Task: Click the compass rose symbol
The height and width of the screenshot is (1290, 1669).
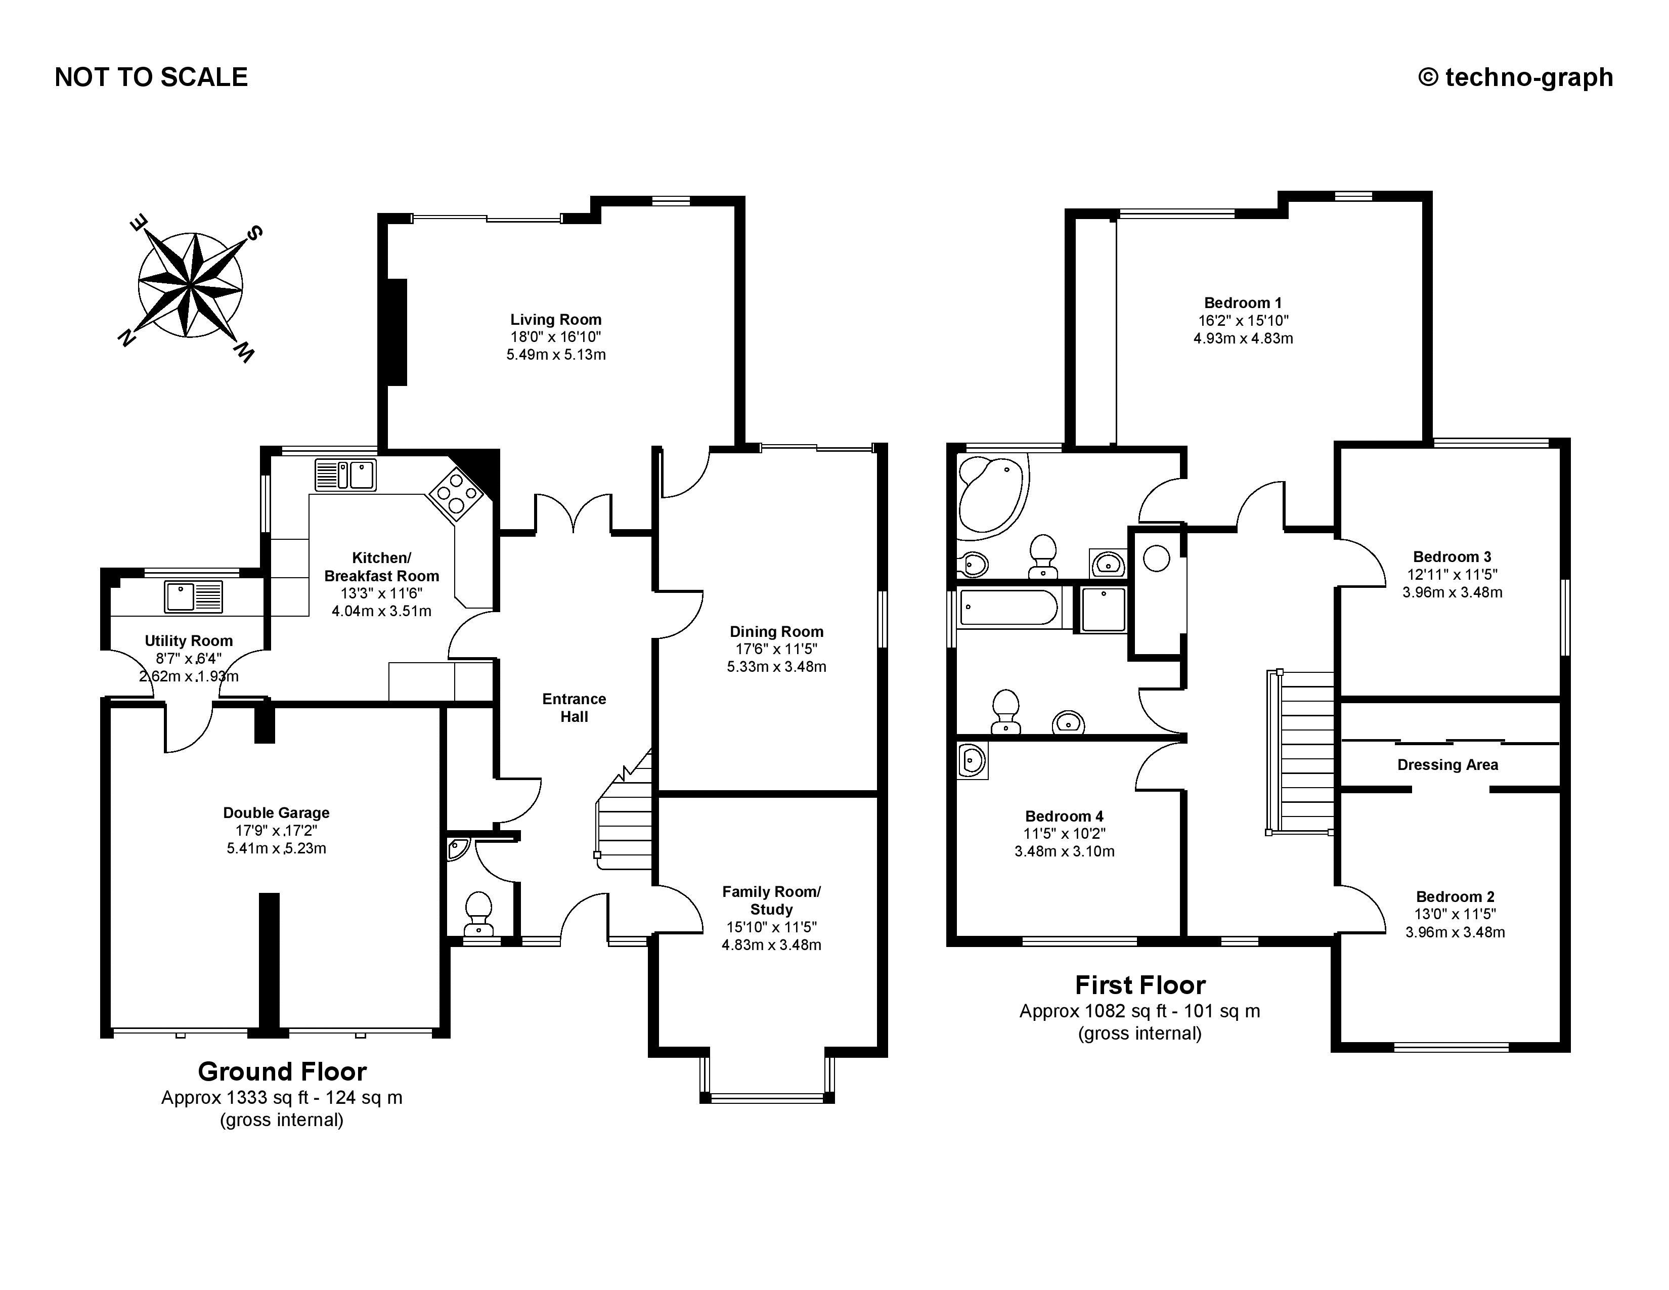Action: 190,285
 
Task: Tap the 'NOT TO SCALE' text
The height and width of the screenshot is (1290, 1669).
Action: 151,77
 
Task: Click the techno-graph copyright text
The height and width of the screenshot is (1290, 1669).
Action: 1515,77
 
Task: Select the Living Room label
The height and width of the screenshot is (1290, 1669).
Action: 555,319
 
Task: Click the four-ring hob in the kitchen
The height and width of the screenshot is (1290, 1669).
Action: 456,492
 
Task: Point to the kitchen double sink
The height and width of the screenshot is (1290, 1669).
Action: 346,474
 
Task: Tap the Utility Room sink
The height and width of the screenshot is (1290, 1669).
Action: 193,596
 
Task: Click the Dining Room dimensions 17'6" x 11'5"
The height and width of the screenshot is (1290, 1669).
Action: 776,649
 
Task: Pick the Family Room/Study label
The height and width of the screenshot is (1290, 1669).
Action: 771,900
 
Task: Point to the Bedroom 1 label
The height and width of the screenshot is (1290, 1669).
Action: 1243,303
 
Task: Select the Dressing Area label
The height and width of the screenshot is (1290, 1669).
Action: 1447,765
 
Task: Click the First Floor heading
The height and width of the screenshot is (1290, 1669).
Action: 1139,985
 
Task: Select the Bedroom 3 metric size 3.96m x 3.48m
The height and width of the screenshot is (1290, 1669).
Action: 1452,592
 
